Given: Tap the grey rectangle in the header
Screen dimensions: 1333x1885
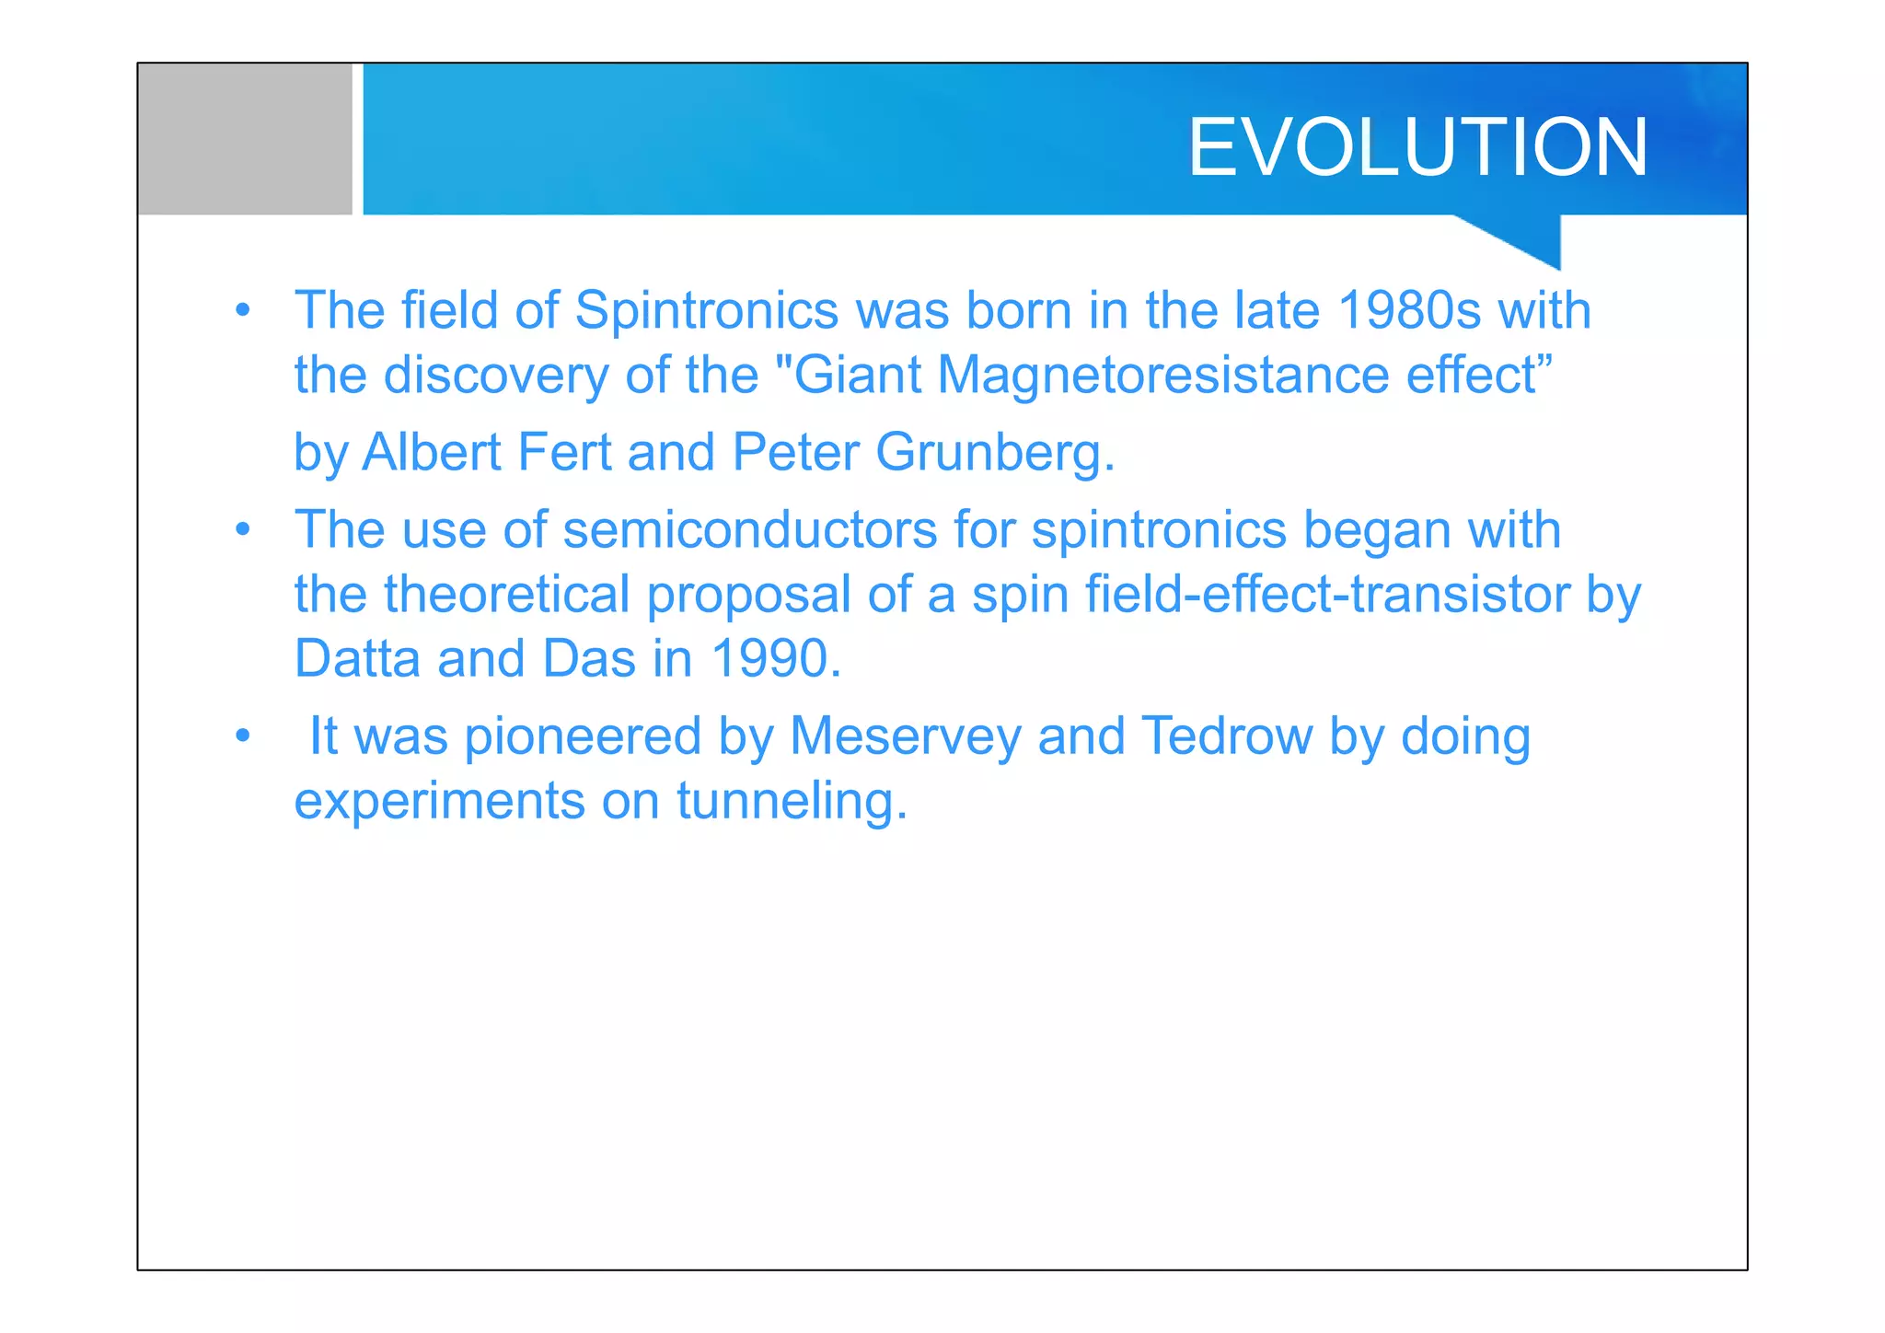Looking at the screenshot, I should coord(245,139).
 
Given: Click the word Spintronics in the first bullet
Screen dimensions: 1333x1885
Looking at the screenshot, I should coord(706,310).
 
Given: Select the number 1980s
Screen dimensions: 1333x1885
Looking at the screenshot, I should coord(1408,310).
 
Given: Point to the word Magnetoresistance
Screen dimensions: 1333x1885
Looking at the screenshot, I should coord(1162,376).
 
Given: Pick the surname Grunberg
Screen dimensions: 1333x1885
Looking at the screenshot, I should coord(994,453).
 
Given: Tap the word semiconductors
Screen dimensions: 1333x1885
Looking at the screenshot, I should coord(749,531).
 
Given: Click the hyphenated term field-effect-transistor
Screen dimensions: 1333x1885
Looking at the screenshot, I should coord(1327,595).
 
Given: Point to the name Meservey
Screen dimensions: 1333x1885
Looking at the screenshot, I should coord(905,736).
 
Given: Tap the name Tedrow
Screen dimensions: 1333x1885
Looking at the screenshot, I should coord(1226,736).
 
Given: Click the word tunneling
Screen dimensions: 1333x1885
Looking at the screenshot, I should coord(792,801).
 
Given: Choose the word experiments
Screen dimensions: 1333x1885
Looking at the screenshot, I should coord(439,802).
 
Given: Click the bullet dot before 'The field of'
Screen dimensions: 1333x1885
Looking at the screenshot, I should coord(242,310).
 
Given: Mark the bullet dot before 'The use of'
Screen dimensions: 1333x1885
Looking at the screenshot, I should coord(242,530).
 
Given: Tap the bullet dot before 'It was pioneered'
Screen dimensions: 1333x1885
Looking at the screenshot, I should coord(242,736).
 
